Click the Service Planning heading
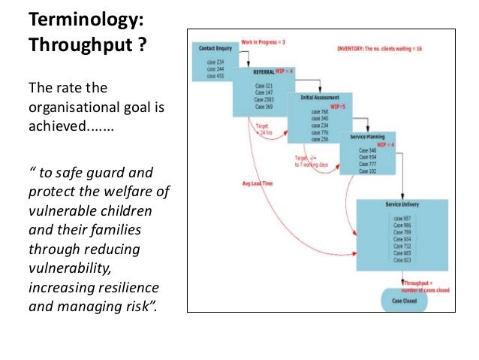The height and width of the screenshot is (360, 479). pos(369,138)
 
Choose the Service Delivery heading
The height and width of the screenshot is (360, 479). pos(401,205)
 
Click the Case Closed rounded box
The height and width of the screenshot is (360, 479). pos(403,301)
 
